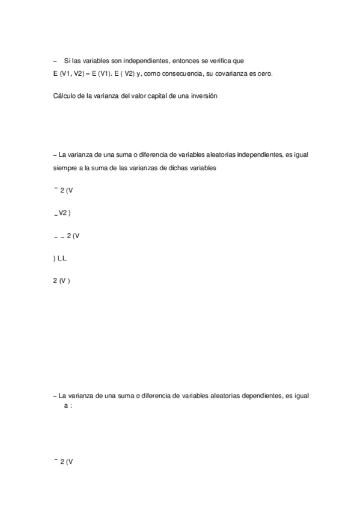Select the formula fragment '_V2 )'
(x=62, y=213)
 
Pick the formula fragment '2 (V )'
(x=62, y=280)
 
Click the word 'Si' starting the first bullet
(x=67, y=61)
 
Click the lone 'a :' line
(x=68, y=406)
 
